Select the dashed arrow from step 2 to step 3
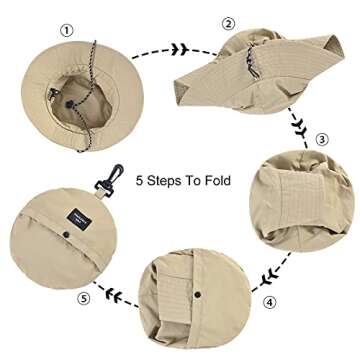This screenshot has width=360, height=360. [x=298, y=122]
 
